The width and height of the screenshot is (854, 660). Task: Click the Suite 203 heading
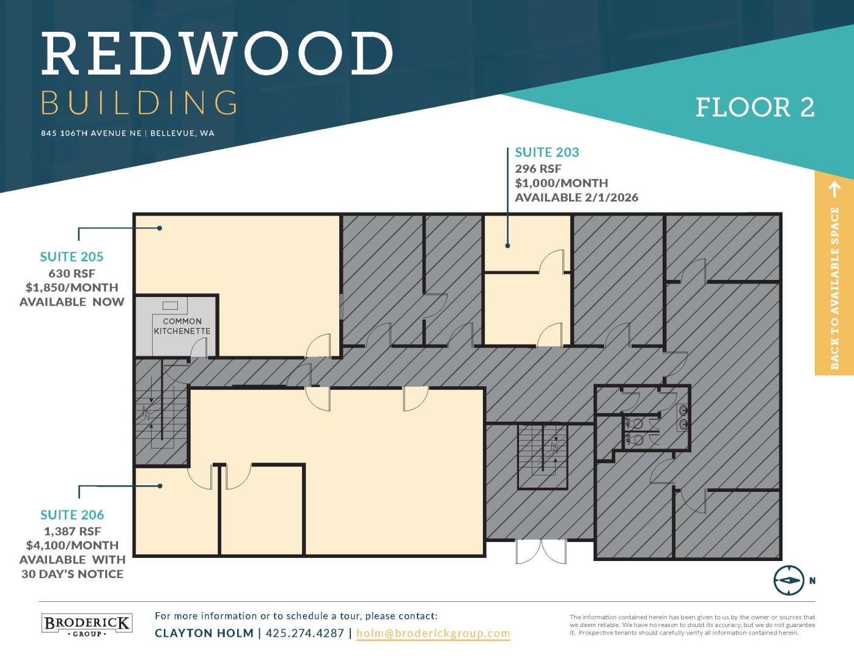click(547, 152)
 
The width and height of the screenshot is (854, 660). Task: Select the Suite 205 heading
click(72, 257)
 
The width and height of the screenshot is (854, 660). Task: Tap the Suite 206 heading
click(72, 515)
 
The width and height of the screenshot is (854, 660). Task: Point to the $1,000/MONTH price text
click(562, 183)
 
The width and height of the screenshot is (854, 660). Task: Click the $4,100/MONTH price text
click(72, 545)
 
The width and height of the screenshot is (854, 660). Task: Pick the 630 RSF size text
click(72, 273)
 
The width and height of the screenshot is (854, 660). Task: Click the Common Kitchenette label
click(182, 326)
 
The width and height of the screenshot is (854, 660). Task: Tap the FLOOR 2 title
click(755, 108)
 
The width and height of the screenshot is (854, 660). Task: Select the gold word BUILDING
click(139, 103)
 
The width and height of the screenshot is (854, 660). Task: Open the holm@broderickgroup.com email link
click(433, 633)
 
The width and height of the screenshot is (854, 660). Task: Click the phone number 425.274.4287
click(305, 633)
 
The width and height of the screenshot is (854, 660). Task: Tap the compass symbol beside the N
click(789, 581)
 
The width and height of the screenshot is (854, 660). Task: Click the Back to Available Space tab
click(834, 273)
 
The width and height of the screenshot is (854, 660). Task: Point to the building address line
click(128, 133)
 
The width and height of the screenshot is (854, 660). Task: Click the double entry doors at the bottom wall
click(541, 552)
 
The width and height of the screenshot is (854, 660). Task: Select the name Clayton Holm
click(204, 633)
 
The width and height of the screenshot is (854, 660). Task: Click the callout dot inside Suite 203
click(507, 246)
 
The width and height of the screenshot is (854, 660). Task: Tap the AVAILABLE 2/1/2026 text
click(576, 197)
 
